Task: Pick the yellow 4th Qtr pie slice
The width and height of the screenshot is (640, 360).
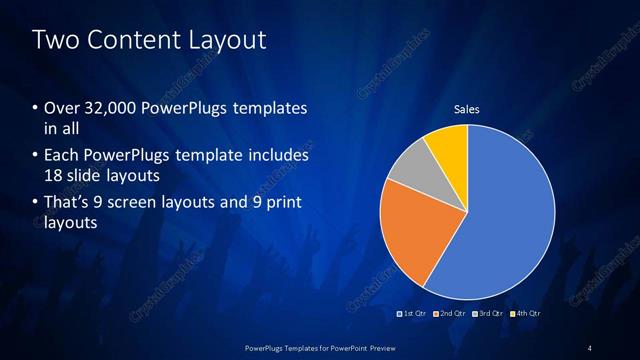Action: point(447,150)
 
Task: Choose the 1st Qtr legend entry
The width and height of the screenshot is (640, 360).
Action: point(413,313)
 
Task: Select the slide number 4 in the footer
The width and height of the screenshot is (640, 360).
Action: point(590,346)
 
